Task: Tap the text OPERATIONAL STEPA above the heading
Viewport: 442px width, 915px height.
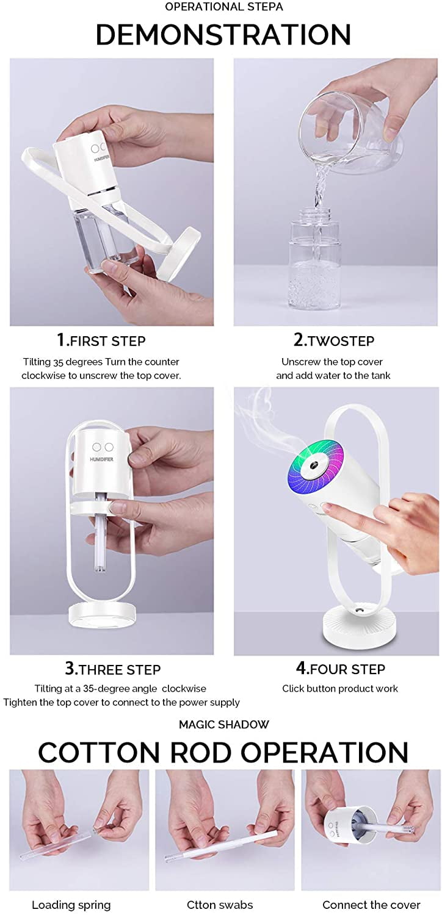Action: [x=224, y=7]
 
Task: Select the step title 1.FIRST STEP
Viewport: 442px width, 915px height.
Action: [x=101, y=340]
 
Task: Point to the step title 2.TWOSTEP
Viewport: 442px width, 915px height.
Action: [x=334, y=340]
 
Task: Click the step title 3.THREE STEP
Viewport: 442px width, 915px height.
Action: [x=112, y=669]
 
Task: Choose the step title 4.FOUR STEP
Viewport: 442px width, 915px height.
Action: [x=340, y=669]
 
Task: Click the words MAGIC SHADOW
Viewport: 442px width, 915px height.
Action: [x=224, y=725]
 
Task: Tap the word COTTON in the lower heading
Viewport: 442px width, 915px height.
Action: [x=99, y=752]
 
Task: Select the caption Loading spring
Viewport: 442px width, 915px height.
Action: [x=71, y=905]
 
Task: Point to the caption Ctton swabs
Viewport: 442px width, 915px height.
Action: [x=220, y=905]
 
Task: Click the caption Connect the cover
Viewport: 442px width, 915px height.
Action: [x=371, y=905]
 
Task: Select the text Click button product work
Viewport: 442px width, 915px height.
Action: [x=340, y=689]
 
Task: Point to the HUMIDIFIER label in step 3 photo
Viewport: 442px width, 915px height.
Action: [x=102, y=459]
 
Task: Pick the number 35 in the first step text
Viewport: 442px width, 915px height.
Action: [x=58, y=362]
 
